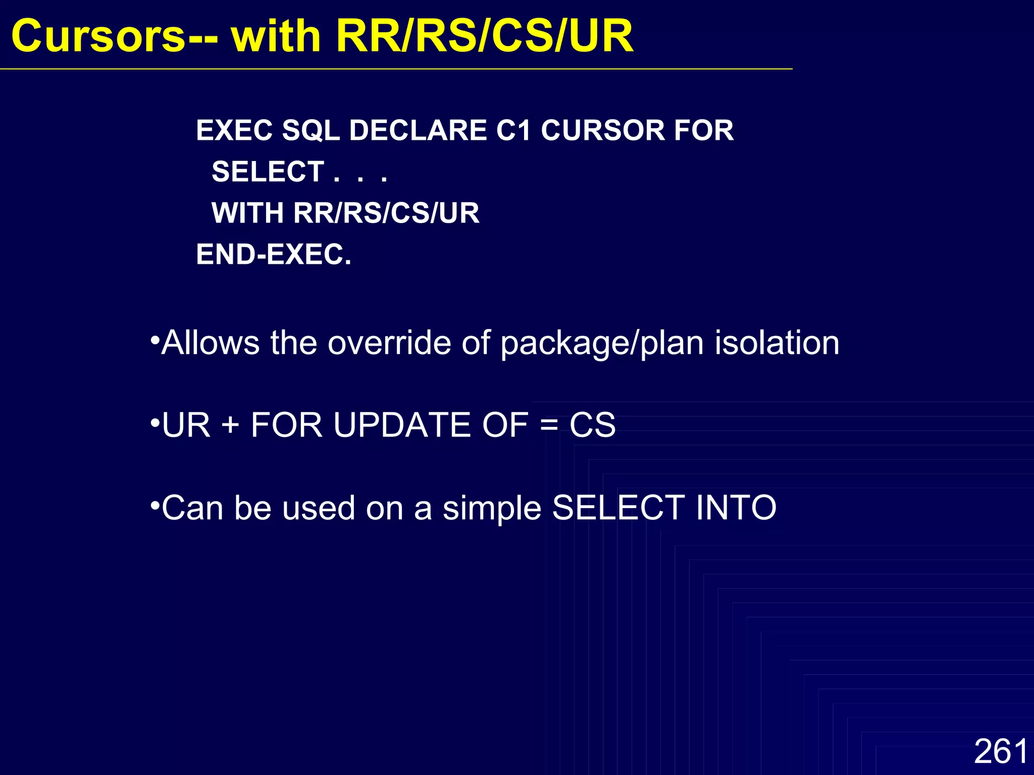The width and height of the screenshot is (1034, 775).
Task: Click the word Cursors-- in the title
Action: (x=114, y=36)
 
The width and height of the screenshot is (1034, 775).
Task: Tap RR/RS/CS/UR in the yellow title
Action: (x=484, y=36)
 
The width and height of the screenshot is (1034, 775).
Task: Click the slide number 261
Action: (x=1001, y=751)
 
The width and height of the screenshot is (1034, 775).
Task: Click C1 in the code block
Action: (x=513, y=131)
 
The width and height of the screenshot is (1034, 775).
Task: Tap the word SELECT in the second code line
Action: (x=268, y=172)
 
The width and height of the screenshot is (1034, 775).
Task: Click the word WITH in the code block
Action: (x=247, y=213)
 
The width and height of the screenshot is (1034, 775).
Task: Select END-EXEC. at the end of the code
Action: (x=273, y=254)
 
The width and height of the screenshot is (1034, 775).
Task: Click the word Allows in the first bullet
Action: (x=210, y=343)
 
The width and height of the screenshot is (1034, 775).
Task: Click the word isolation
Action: (x=777, y=343)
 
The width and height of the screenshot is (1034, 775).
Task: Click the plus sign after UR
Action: (x=230, y=424)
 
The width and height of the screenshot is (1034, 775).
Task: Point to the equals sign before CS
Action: (x=549, y=425)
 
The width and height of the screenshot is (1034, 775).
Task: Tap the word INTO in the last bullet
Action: (x=736, y=508)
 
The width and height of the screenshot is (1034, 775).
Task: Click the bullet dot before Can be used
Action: (x=155, y=504)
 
